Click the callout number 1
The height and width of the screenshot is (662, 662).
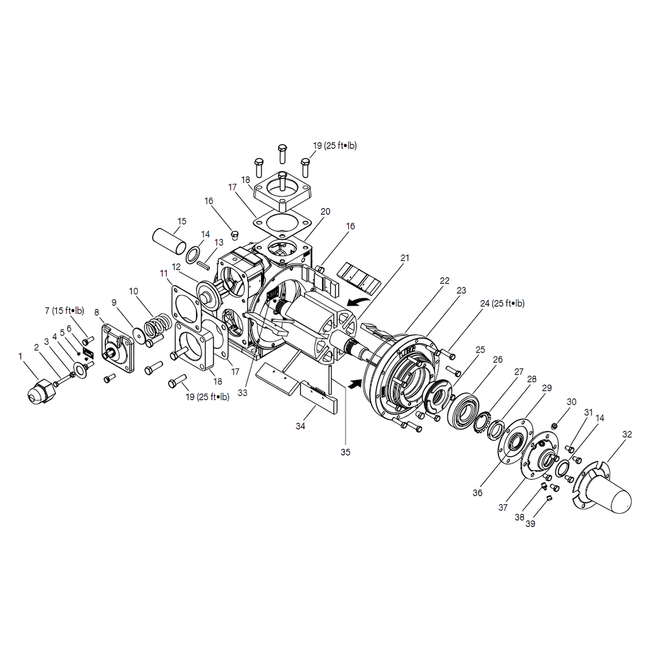pyautogui.click(x=20, y=357)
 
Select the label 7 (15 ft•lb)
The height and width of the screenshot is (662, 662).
pyautogui.click(x=64, y=311)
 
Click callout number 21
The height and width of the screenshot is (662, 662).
pyautogui.click(x=405, y=258)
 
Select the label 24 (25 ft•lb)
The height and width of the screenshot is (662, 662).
pyautogui.click(x=502, y=303)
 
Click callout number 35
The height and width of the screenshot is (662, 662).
pyautogui.click(x=346, y=452)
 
